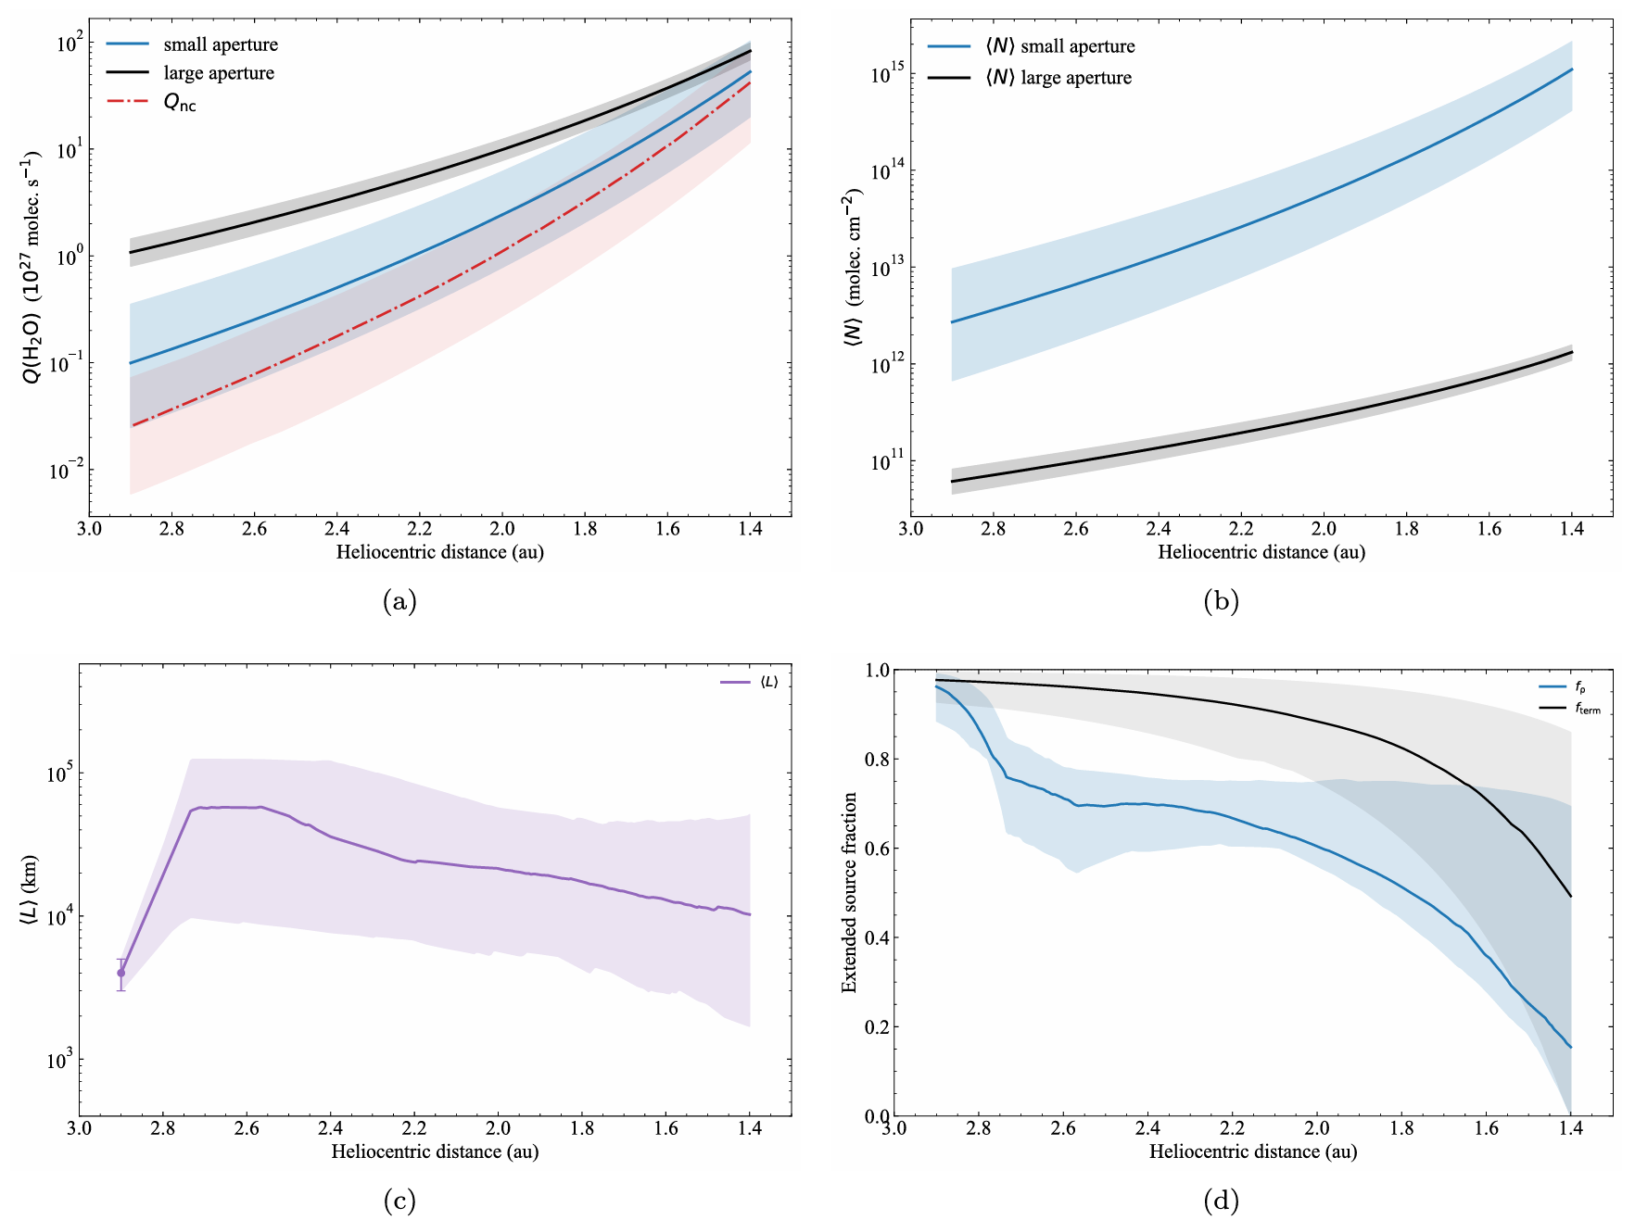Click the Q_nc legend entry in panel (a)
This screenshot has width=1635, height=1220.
tap(180, 103)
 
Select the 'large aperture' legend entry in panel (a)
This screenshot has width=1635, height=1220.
tap(219, 73)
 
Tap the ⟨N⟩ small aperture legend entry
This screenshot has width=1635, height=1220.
tap(1058, 46)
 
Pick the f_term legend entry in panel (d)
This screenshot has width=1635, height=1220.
tap(1587, 709)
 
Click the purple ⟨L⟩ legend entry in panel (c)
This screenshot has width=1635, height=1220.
tap(769, 683)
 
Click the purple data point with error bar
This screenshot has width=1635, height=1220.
tap(120, 973)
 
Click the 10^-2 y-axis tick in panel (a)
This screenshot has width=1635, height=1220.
tap(65, 470)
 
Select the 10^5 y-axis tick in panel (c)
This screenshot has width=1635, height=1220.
tap(60, 774)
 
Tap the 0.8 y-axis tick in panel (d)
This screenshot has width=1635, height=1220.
tap(877, 760)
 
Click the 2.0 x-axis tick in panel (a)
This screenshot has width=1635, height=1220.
tap(502, 529)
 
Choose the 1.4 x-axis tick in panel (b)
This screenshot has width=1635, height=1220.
tap(1572, 529)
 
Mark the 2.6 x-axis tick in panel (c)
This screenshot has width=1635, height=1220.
tap(247, 1128)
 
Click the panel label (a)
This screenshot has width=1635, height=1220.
tap(399, 602)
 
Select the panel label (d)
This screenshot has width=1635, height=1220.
tap(1221, 1201)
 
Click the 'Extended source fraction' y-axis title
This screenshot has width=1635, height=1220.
tap(849, 892)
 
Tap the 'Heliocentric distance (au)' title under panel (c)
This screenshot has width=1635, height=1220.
tap(435, 1151)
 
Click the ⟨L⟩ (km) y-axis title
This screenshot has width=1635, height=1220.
tap(28, 890)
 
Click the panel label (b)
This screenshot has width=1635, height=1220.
tap(1221, 602)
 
